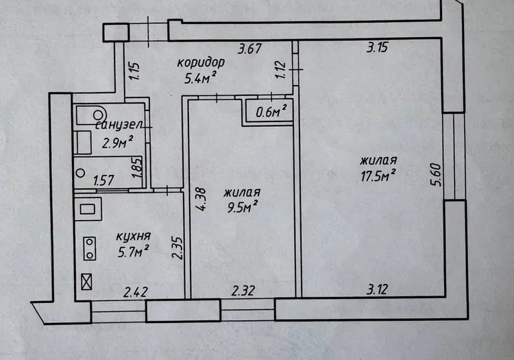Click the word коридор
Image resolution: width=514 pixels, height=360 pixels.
201,62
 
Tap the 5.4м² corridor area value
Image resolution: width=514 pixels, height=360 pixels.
200,78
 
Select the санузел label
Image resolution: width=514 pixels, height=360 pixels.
119,125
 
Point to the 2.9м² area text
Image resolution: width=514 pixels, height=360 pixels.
118,142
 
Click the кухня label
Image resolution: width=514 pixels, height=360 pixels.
134,237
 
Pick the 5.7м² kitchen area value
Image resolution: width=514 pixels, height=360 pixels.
134,251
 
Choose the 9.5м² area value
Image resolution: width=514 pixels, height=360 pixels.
242,207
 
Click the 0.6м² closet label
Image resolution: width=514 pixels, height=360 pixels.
271,112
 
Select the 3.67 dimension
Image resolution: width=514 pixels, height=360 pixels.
249,49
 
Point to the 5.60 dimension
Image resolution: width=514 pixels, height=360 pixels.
437,175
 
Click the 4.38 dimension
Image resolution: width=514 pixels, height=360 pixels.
200,199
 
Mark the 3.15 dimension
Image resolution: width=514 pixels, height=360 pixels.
377,47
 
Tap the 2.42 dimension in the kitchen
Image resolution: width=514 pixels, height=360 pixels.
136,292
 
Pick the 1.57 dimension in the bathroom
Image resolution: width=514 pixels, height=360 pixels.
103,180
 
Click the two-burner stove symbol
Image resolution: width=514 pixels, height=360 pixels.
90,248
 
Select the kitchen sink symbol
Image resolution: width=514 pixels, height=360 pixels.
88,209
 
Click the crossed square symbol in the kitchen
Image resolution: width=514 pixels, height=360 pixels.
86,282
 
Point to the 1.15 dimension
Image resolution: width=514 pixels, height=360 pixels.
134,71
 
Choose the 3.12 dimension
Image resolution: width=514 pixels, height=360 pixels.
377,289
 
